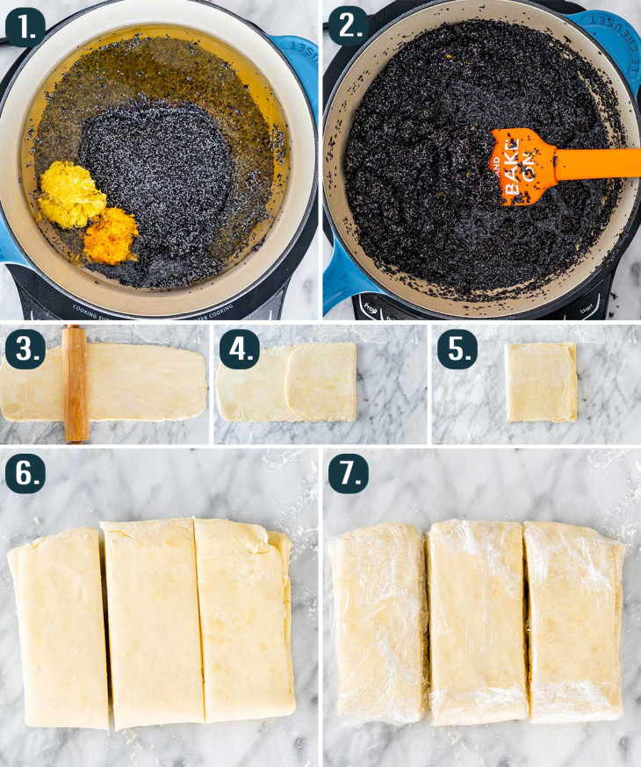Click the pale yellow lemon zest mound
(x=71, y=195)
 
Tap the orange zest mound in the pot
(x=111, y=235)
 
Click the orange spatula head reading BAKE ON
(x=523, y=162)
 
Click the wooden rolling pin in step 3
(x=76, y=383)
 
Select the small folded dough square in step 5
(x=542, y=382)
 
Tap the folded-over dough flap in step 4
(x=321, y=382)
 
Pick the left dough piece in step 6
(x=60, y=627)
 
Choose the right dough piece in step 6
(x=244, y=619)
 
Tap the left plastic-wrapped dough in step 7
(x=379, y=623)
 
